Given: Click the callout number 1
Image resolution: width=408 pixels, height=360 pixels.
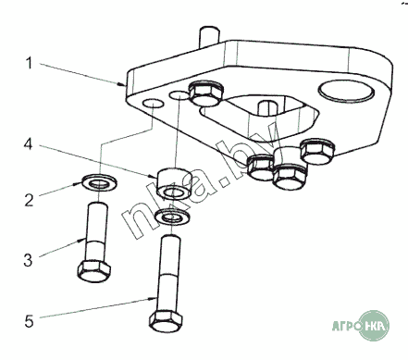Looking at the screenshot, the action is click(29, 63).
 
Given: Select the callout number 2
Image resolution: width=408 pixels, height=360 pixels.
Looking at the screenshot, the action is click(29, 200).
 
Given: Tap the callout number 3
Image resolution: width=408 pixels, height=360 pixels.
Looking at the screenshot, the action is click(28, 260).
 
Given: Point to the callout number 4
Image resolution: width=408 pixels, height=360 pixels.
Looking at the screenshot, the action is click(28, 143).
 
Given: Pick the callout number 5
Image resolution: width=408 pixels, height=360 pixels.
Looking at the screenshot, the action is click(29, 321).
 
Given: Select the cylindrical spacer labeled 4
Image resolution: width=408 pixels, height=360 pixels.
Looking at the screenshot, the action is click(174, 183).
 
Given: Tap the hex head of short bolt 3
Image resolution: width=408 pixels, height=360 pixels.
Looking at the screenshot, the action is click(94, 271).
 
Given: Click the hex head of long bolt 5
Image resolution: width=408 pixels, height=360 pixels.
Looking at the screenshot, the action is click(166, 321).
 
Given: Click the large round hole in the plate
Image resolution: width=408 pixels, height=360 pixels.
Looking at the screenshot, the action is click(346, 90).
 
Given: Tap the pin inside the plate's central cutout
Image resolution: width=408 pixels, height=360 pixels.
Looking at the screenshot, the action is click(268, 107).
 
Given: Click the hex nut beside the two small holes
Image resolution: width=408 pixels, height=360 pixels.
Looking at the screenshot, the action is click(206, 94).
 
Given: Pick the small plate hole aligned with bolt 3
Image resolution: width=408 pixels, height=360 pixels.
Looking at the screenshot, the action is click(154, 104).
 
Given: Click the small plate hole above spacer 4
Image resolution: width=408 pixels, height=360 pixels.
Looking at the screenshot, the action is click(179, 95).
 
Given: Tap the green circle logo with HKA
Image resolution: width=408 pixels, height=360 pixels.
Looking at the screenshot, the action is click(375, 326).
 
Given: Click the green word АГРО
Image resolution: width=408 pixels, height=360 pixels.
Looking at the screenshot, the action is click(345, 326).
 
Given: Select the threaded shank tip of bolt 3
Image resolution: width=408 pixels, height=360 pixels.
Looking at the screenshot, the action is click(98, 205).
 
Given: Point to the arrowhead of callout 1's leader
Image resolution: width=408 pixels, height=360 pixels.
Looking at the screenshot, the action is click(123, 83).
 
